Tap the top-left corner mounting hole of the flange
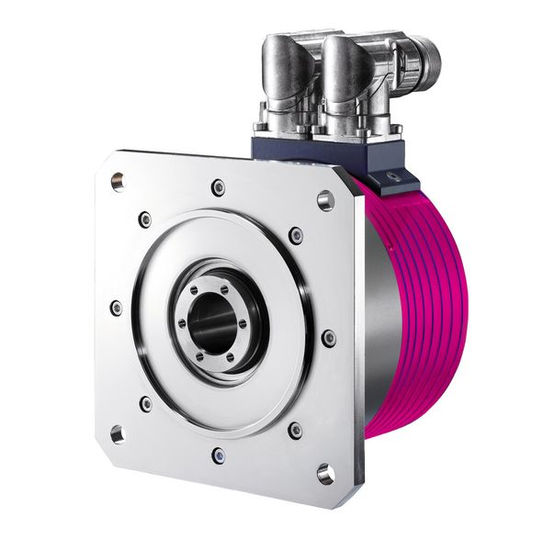(x=117, y=181)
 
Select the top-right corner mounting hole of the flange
(x=325, y=200)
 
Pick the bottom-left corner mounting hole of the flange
(x=118, y=433)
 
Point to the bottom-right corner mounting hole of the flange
(x=325, y=473)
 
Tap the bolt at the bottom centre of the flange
(x=218, y=455)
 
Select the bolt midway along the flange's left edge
(x=116, y=308)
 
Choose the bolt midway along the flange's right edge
(x=328, y=338)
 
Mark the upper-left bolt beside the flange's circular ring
(x=145, y=219)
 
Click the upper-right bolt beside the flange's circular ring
(x=295, y=235)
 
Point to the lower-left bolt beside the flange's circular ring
(x=145, y=402)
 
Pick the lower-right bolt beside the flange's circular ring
(x=295, y=429)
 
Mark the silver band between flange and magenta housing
(x=368, y=303)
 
